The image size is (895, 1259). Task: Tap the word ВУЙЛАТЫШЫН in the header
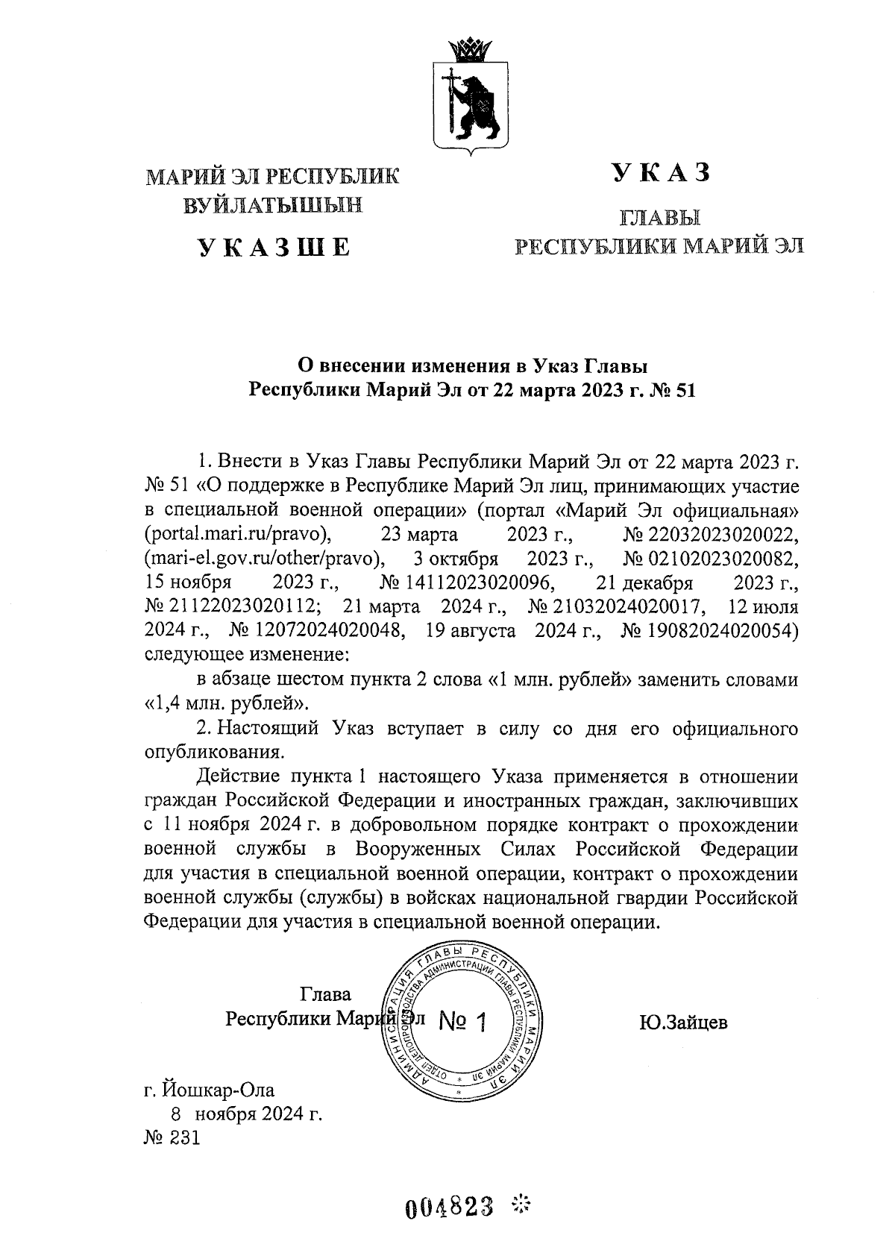pyautogui.click(x=273, y=204)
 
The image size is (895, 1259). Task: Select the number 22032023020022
pyautogui.click(x=711, y=535)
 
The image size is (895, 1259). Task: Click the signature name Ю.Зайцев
pyautogui.click(x=682, y=1022)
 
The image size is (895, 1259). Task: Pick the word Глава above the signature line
pyautogui.click(x=325, y=994)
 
